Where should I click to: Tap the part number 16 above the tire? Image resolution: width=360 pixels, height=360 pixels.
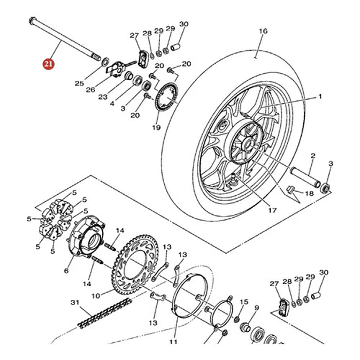263,31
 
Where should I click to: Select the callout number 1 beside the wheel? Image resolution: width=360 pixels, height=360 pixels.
320,96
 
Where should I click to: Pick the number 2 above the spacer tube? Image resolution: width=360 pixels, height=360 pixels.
312,156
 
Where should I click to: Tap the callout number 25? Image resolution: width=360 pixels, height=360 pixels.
79,84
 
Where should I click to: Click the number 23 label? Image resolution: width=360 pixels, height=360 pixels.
103,97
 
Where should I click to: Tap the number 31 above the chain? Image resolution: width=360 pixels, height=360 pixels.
74,303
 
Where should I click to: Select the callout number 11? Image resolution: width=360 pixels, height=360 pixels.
173,342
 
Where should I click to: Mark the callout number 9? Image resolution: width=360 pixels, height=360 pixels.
257,307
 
